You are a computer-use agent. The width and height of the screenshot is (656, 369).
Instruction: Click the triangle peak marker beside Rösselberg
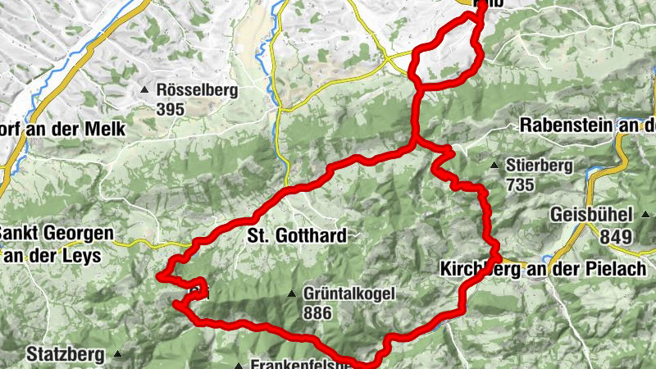145,89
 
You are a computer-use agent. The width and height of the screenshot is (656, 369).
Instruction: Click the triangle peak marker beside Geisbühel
647,216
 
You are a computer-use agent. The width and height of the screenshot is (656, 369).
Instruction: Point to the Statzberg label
66,355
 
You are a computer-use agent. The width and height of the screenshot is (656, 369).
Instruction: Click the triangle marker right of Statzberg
118,355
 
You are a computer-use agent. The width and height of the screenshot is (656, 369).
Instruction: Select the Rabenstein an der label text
587,126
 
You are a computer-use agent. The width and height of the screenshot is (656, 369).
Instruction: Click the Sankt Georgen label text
56,234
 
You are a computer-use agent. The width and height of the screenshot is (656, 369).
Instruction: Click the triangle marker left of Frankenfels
239,366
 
